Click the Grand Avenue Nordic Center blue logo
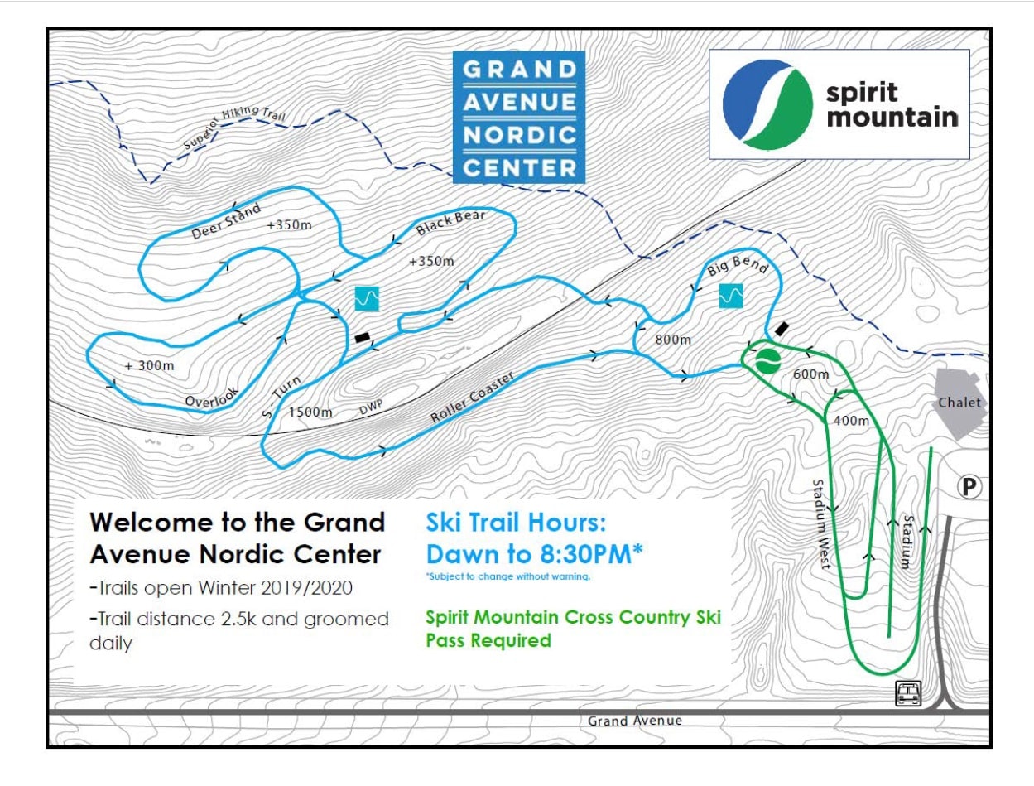pyautogui.click(x=519, y=117)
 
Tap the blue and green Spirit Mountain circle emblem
pyautogui.click(x=767, y=104)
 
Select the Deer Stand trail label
pyautogui.click(x=226, y=221)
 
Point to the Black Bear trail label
pyautogui.click(x=450, y=222)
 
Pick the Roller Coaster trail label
pyautogui.click(x=473, y=398)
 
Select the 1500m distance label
pyautogui.click(x=310, y=412)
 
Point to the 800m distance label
pyautogui.click(x=672, y=340)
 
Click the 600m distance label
pyautogui.click(x=810, y=374)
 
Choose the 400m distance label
pyautogui.click(x=852, y=421)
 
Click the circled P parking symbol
pyautogui.click(x=969, y=487)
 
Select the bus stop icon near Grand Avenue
pyautogui.click(x=907, y=694)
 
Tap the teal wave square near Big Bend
pyautogui.click(x=732, y=295)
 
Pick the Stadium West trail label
pyautogui.click(x=821, y=523)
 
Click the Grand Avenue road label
pyautogui.click(x=635, y=721)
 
